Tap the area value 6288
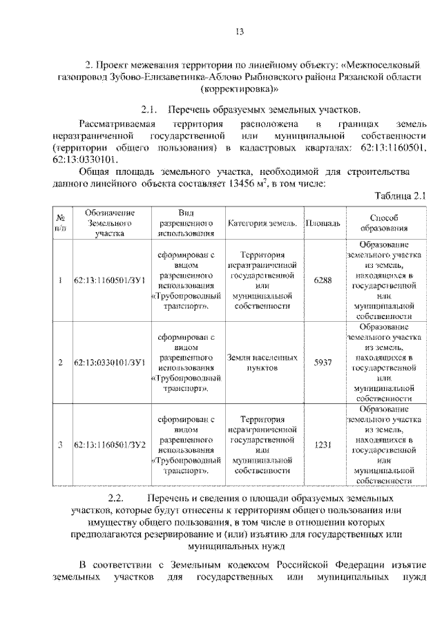tap(323, 280)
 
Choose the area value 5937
tap(323, 363)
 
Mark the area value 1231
tap(323, 445)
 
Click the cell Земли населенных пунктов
tap(262, 363)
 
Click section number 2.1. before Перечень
tap(150, 110)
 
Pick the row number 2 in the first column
tap(60, 363)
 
